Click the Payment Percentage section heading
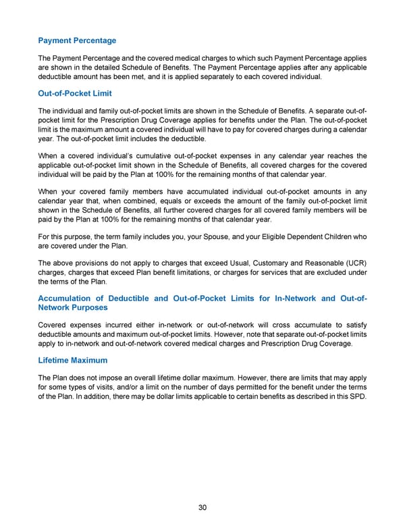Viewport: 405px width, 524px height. [x=77, y=41]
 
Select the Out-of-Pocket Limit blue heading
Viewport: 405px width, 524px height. [x=75, y=93]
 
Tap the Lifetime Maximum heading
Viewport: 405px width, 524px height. [x=73, y=360]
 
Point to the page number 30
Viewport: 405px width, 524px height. [x=202, y=508]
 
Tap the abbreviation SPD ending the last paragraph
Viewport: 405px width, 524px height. [x=358, y=395]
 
